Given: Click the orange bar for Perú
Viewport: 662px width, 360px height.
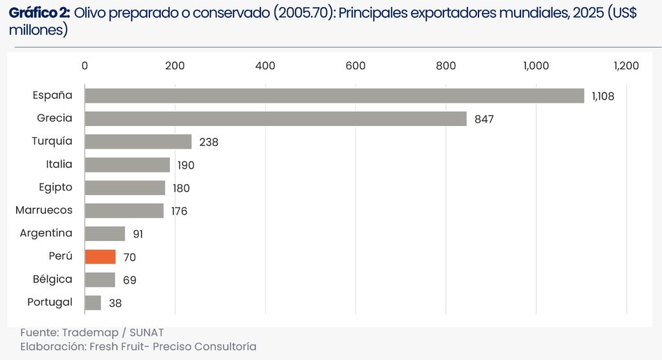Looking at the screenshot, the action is point(100,257).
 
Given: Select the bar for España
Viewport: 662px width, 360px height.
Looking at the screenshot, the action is point(334,96).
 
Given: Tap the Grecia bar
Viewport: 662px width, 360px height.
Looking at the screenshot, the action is point(275,118).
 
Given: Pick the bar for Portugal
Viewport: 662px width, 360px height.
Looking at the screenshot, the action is point(93,302).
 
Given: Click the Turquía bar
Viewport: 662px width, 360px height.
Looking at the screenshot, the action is point(138,142).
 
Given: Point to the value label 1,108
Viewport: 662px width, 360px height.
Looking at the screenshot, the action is point(603,96).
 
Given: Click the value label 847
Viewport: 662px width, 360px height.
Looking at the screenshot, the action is point(484,120).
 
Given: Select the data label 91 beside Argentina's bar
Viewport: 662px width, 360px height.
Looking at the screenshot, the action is point(138,234).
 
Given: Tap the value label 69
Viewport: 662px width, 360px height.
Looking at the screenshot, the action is point(129,281).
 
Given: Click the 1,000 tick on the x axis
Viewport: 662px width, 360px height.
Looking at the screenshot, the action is point(536,66).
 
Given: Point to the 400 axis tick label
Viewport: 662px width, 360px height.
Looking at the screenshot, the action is point(265,66).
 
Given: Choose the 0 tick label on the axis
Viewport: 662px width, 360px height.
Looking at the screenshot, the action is point(85,66).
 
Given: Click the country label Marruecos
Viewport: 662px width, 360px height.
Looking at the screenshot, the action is point(44,210).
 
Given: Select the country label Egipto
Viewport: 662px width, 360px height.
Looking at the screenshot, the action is point(56,187).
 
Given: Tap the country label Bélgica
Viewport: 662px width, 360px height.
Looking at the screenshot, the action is point(53,279).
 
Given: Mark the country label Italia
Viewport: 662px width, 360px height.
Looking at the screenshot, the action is point(59,164).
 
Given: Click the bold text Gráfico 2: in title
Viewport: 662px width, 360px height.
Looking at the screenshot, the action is point(39,14).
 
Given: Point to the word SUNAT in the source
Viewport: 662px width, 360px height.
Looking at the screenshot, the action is point(147,333).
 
